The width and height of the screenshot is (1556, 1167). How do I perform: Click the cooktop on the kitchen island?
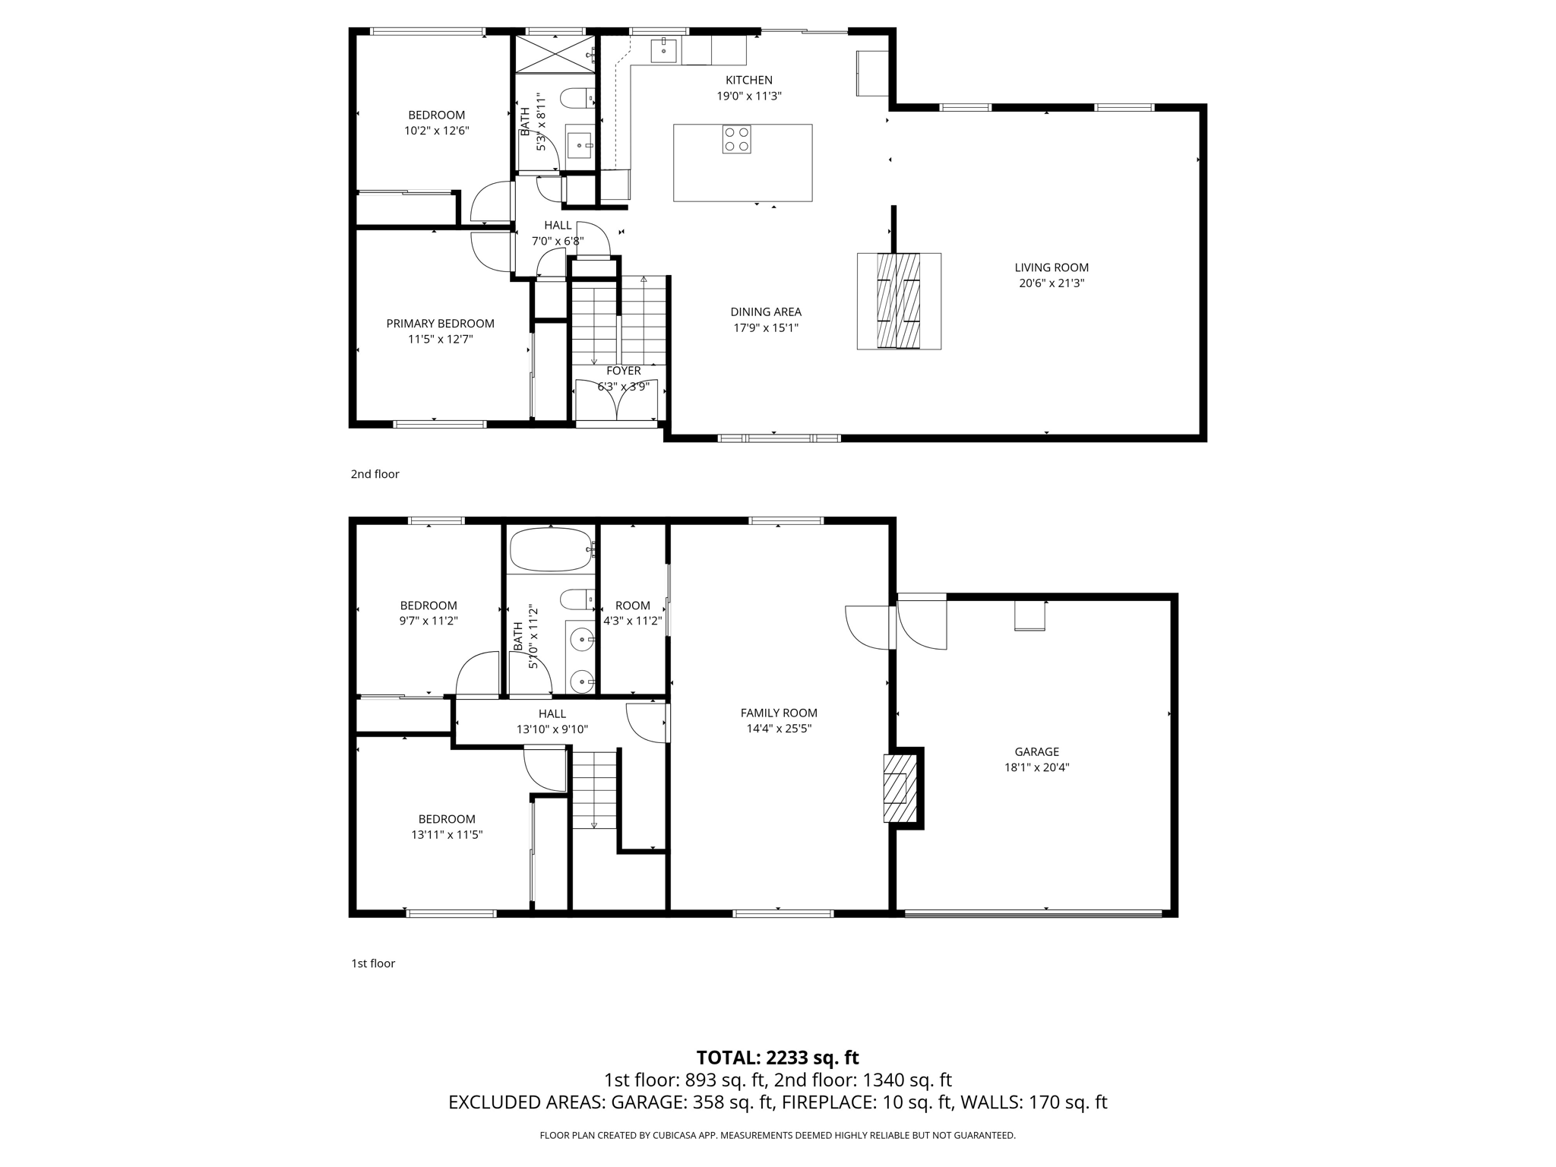736,139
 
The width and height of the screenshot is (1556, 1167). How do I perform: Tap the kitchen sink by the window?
664,50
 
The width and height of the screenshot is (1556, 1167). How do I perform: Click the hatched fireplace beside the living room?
899,301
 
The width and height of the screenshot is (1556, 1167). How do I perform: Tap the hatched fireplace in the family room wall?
896,787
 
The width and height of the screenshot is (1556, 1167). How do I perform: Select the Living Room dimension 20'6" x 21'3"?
1052,283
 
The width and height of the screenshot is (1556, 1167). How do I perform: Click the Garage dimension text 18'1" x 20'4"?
1036,767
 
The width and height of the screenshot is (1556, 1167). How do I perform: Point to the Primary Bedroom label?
440,324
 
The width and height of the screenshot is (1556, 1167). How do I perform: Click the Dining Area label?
766,312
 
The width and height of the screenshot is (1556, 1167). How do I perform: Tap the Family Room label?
779,713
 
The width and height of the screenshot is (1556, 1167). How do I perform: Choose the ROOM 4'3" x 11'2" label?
633,612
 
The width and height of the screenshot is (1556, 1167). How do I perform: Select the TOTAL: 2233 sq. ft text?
777,1058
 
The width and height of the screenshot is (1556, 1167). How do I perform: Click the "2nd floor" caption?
375,474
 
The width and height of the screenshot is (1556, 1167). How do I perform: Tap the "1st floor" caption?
373,963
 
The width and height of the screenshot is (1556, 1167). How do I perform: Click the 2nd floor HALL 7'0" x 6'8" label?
558,233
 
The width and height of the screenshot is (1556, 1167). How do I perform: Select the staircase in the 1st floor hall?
594,790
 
